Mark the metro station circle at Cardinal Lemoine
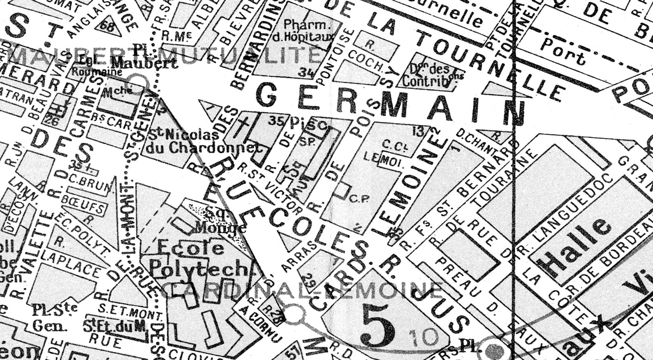294,315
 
